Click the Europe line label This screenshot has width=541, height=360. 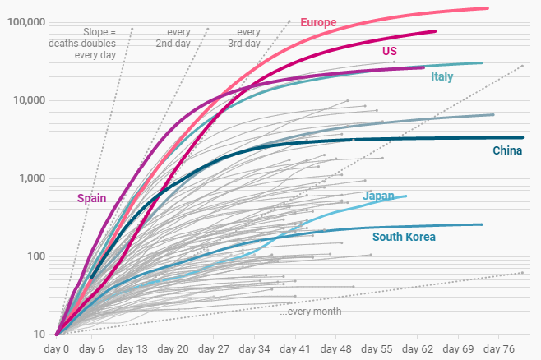click(x=318, y=22)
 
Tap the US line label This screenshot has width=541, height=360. click(x=390, y=51)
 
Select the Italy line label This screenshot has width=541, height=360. click(x=442, y=76)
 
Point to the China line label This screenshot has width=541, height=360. click(x=507, y=150)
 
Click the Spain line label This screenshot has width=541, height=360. click(x=91, y=197)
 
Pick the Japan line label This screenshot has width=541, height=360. click(x=379, y=196)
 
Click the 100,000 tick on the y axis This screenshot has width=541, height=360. click(x=25, y=21)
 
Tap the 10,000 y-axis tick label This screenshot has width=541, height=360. click(x=29, y=100)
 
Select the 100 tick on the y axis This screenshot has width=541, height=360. click(x=36, y=256)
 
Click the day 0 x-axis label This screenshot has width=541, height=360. click(x=57, y=348)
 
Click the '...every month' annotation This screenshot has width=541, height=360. click(x=310, y=312)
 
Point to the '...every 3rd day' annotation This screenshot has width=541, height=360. click(x=244, y=37)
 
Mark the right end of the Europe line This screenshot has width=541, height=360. click(x=488, y=8)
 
